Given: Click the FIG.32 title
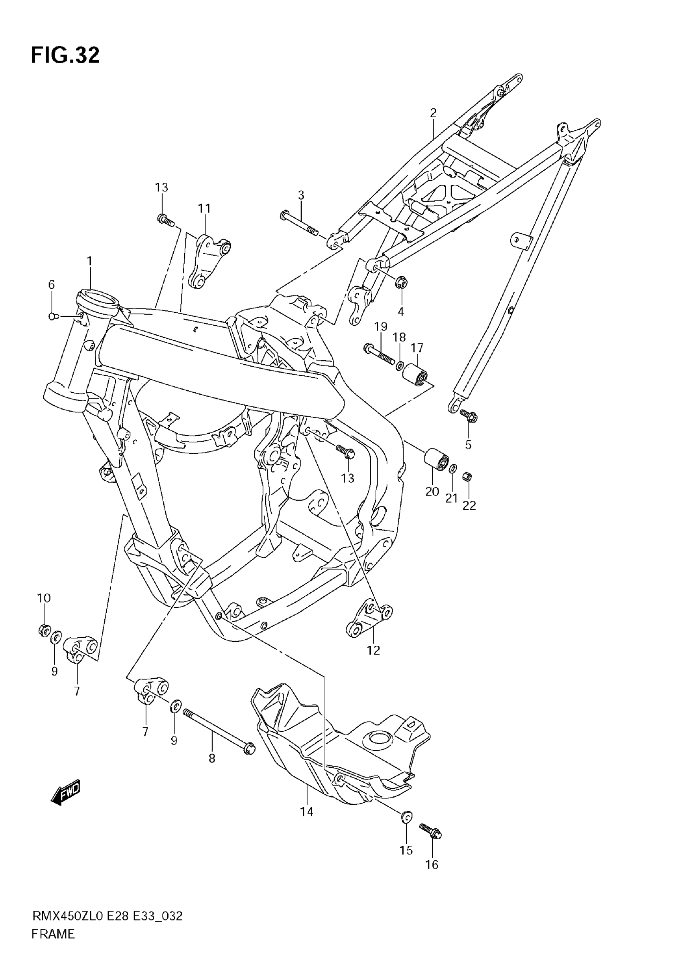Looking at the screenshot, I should [65, 55].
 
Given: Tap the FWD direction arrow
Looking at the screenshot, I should [65, 794].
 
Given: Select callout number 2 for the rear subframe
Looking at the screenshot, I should [433, 113].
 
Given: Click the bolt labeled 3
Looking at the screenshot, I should [299, 224].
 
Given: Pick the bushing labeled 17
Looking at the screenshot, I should [415, 374].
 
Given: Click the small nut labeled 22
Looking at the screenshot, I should [467, 476].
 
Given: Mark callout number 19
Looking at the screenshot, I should [381, 327].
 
